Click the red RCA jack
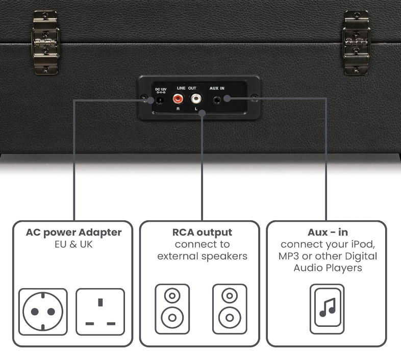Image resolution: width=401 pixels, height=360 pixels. pos(179,100)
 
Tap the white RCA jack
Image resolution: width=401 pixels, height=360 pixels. pos(196,100)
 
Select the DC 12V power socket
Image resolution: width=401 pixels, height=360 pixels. pos(161,100)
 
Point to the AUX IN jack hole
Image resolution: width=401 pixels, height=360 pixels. pos(220,100)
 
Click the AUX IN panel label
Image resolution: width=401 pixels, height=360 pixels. pos(217,88)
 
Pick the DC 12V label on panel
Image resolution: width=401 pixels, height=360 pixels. pos(160,90)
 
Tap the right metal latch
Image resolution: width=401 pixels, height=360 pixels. pos(356,42)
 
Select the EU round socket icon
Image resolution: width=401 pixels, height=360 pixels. pos(43,312)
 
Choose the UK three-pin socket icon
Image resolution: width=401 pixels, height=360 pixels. pos(100,312)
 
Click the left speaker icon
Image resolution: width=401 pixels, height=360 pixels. pos(172,308)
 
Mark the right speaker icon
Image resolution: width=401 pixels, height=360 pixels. pos(229,308)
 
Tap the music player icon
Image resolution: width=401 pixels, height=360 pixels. pos(327,308)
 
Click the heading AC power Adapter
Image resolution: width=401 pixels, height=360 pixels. pos(74,233)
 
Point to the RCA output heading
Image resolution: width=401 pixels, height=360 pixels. pos(202,233)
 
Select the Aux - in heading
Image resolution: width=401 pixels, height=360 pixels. pos(328,233)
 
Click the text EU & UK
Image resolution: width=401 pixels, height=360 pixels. pos(74,244)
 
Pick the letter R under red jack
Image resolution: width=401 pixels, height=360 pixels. pos(178,109)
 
